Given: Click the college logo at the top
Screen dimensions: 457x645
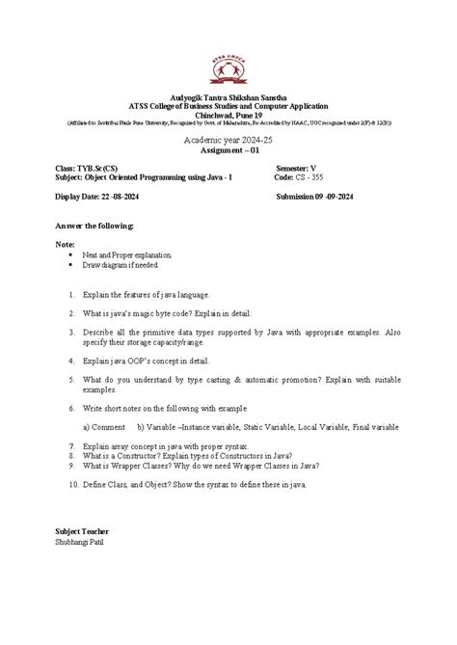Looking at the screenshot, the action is [228, 68].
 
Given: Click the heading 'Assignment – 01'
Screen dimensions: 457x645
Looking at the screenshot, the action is [228, 151].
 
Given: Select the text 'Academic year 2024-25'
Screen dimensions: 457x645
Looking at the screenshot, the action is [228, 141].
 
